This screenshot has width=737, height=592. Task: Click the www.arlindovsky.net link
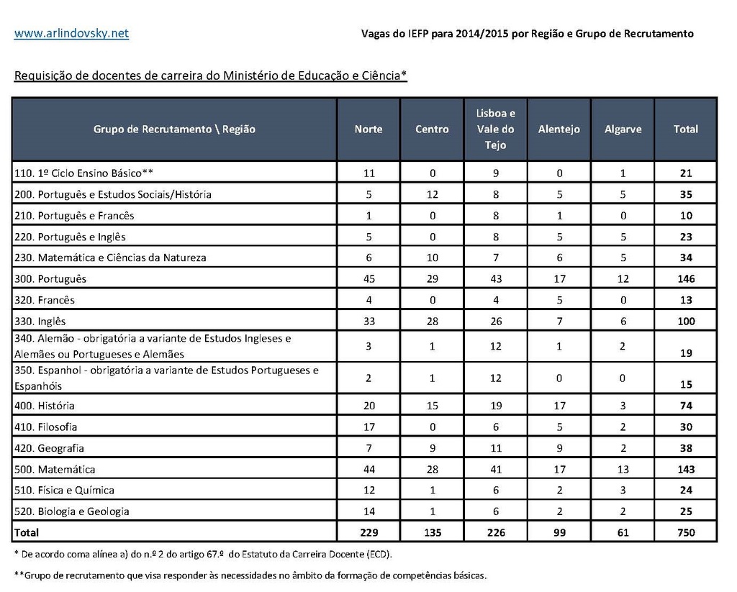(x=71, y=33)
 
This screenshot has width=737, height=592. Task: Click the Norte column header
(x=368, y=129)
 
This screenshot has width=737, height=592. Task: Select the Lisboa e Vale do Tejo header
(x=496, y=129)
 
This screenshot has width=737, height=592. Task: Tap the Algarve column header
(x=623, y=129)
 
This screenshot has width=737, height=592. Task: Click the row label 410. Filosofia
(x=46, y=427)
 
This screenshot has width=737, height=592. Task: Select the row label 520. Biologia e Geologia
(x=72, y=511)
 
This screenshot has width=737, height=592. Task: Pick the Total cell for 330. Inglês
(x=686, y=322)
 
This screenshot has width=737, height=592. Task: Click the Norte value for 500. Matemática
(x=368, y=470)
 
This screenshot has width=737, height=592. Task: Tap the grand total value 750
(x=686, y=533)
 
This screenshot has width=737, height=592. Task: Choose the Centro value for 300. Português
(x=432, y=279)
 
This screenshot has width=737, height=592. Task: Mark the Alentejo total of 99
(x=559, y=533)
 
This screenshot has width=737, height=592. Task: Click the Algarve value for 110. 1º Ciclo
(x=623, y=173)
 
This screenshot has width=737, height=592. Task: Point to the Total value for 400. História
(x=686, y=406)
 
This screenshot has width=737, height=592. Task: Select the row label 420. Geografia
(x=49, y=448)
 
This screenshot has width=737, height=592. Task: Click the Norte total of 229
(x=368, y=533)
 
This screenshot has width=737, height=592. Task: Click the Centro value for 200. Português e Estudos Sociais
(x=432, y=194)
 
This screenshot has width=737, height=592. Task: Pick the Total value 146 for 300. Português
(x=686, y=279)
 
